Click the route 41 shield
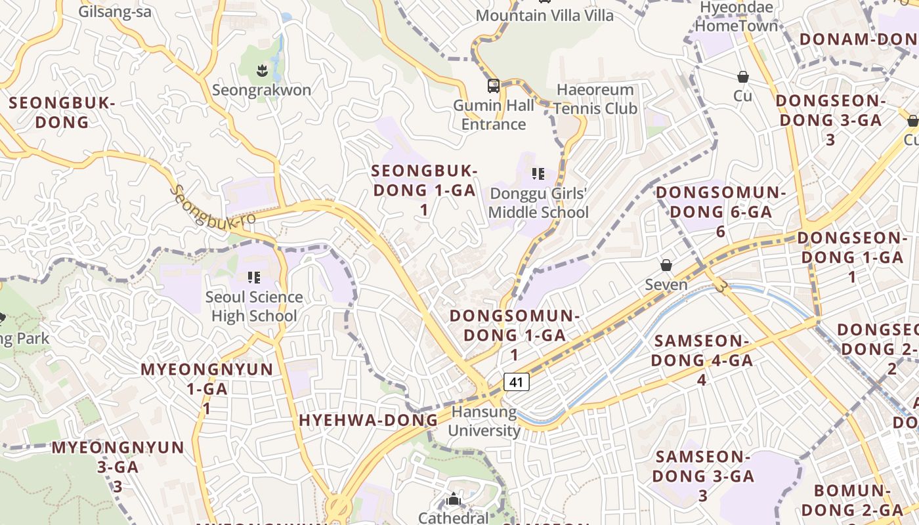pos(517,381)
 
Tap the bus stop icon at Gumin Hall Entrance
pos(494,85)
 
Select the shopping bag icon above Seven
pos(666,265)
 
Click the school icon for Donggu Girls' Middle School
pos(538,174)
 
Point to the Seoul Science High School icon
pos(254,278)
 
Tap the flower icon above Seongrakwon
pos(263,69)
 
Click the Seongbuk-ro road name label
pos(213,206)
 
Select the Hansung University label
pos(484,421)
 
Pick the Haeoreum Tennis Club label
pos(595,99)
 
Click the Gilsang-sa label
pos(115,12)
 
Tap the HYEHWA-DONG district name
pos(368,421)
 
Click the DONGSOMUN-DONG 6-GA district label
pos(721,211)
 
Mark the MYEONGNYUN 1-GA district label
pos(207,388)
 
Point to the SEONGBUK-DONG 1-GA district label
pos(424,190)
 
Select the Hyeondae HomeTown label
pos(736,17)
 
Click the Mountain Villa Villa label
pos(545,15)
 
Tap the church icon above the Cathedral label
pos(453,500)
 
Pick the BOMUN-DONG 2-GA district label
pos(852,500)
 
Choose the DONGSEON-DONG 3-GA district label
pos(830,119)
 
